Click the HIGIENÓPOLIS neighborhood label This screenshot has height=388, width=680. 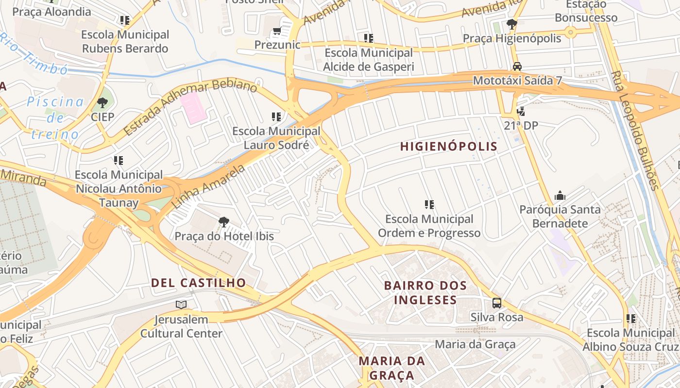[449, 146]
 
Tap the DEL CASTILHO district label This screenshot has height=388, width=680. [198, 283]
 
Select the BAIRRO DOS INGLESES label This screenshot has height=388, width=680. [425, 292]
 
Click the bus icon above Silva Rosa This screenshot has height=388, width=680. [496, 303]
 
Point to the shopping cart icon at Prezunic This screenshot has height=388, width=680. [277, 32]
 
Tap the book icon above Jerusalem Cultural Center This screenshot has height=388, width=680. [181, 305]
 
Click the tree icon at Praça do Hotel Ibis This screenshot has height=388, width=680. [223, 222]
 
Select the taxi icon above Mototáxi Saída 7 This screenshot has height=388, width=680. [517, 66]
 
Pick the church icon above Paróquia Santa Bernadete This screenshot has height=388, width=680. [560, 196]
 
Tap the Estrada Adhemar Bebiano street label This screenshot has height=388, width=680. [189, 108]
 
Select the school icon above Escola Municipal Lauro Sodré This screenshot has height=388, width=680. [276, 117]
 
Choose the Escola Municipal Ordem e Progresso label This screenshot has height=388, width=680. [429, 226]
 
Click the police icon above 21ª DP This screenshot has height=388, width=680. [521, 112]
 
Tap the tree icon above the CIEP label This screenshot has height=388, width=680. [102, 103]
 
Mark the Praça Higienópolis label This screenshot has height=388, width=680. [511, 38]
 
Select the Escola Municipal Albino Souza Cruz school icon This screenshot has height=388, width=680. [630, 319]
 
